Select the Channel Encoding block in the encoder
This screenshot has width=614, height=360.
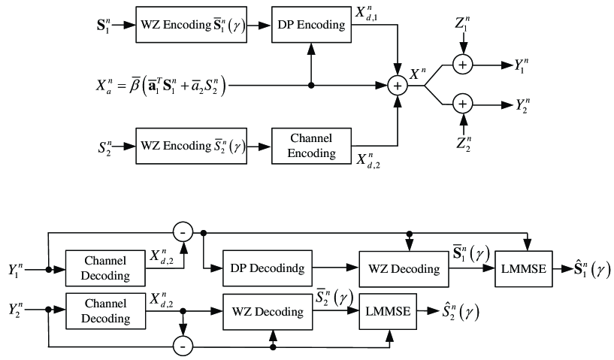[312, 147]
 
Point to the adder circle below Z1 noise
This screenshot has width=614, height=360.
[463, 66]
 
